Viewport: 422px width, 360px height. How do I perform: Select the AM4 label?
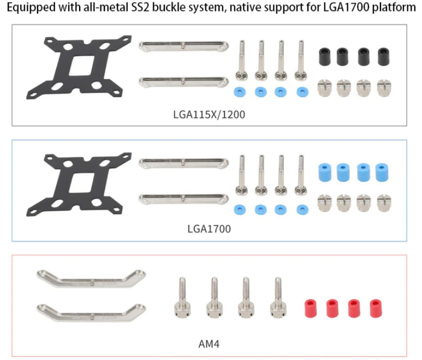coord(209,344)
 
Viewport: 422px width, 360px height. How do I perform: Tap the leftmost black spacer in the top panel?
coord(325,55)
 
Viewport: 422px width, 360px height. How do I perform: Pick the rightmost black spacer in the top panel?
coord(383,55)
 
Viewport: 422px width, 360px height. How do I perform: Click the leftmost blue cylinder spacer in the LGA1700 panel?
coord(325,172)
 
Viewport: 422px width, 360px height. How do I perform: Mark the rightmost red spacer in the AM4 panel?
coord(375,309)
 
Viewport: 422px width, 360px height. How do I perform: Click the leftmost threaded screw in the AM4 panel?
coord(182,298)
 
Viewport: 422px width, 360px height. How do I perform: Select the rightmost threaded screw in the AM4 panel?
coord(278,298)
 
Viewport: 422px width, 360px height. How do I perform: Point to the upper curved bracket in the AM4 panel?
coord(91,279)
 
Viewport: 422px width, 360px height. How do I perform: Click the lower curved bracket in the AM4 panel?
coord(91,311)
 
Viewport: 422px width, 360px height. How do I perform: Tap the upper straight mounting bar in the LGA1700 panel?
coord(184,162)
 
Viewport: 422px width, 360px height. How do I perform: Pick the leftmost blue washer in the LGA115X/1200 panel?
coord(240,91)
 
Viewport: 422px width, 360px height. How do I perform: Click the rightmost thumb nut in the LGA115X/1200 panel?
coord(384,87)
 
